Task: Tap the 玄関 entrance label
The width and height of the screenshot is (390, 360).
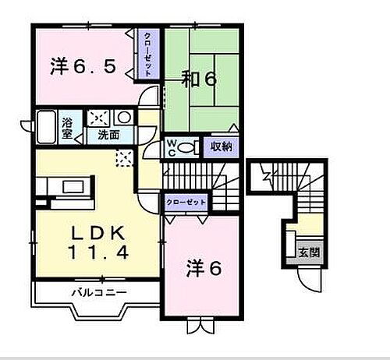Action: [x=307, y=252]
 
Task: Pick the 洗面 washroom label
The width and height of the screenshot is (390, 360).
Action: [x=108, y=134]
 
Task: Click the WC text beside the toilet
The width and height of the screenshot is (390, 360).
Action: [x=171, y=148]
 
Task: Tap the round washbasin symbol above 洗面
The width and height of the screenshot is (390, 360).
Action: [x=124, y=118]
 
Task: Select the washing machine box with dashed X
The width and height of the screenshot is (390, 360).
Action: [x=99, y=118]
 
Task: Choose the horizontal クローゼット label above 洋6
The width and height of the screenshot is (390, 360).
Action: [x=186, y=202]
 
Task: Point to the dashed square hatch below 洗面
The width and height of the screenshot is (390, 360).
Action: [x=123, y=158]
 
